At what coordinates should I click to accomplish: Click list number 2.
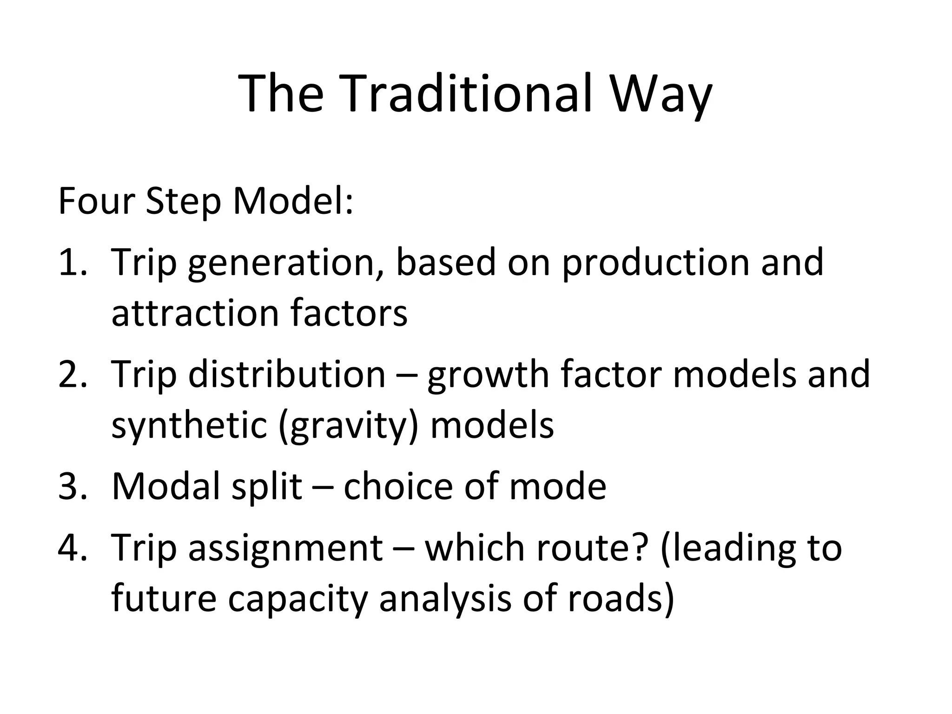[72, 374]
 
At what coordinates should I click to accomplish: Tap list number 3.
[72, 486]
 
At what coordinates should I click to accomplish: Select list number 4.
[72, 548]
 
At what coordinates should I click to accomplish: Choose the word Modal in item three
[165, 486]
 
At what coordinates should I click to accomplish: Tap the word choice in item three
[398, 486]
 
